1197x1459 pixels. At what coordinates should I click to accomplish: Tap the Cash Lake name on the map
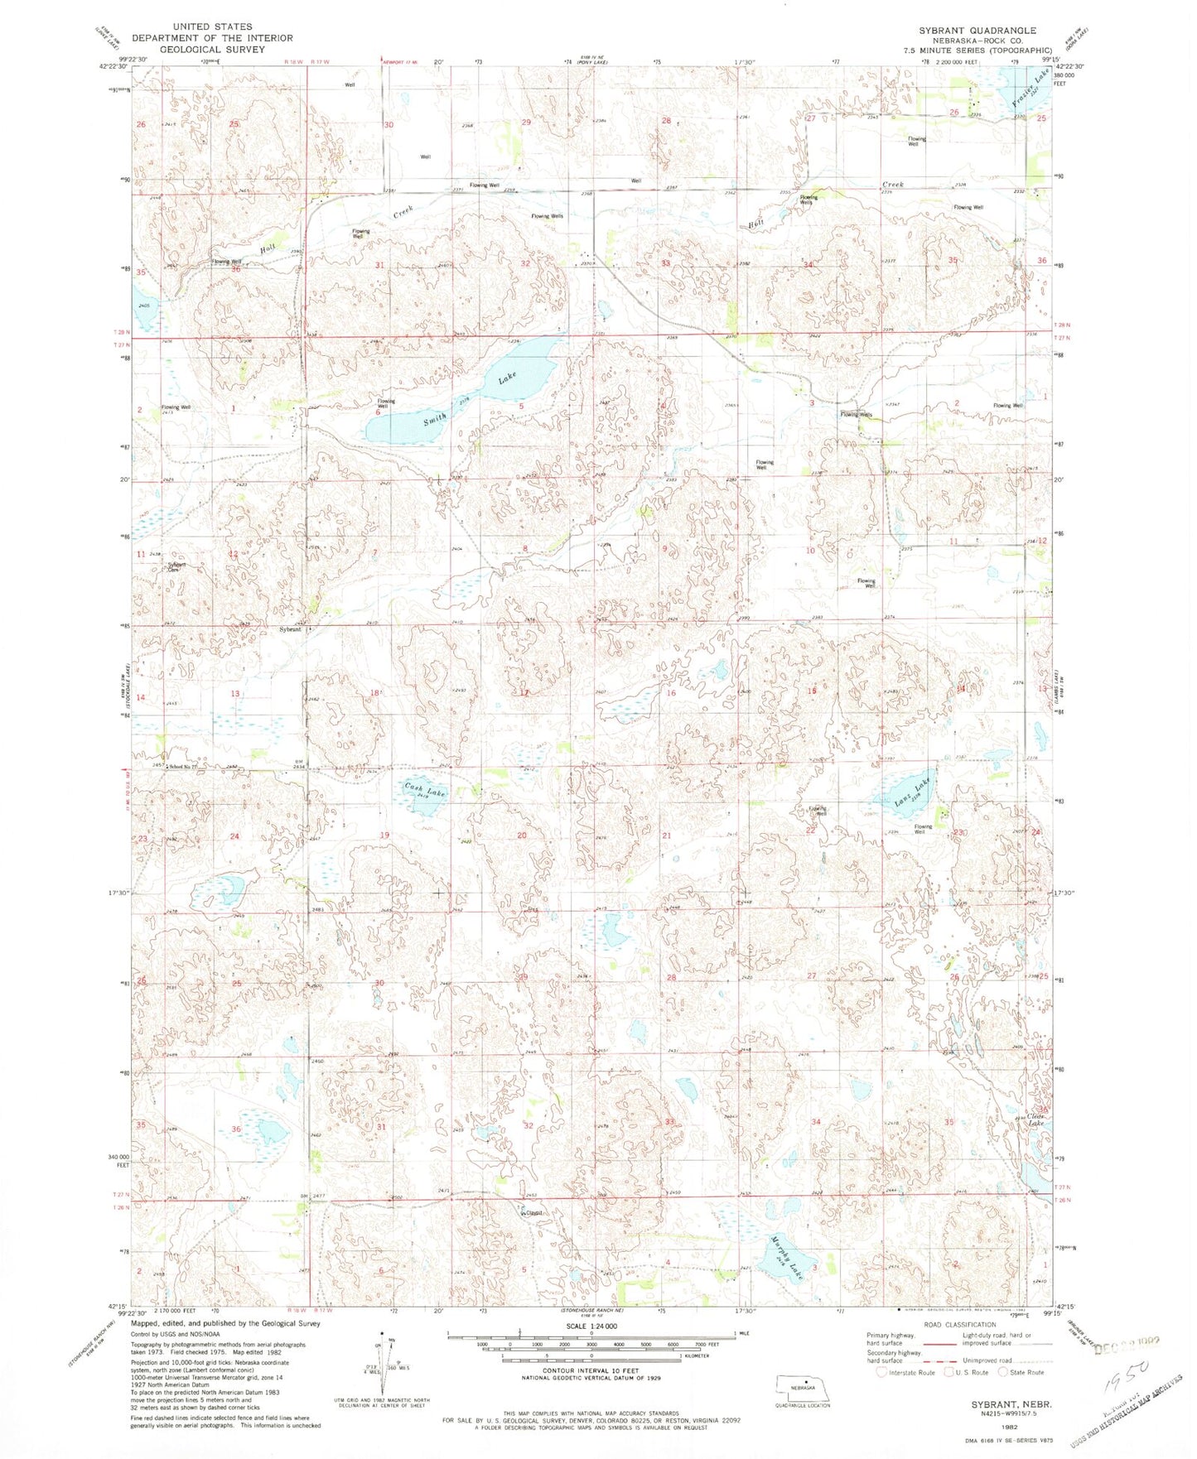[x=425, y=789]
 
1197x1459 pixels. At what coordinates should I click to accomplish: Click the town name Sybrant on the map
[x=290, y=629]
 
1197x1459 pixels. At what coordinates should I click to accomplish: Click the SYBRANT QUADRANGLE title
[x=977, y=31]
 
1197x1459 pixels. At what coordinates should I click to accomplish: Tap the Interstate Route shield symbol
[x=882, y=1372]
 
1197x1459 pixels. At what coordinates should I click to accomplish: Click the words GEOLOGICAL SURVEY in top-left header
[x=212, y=49]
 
